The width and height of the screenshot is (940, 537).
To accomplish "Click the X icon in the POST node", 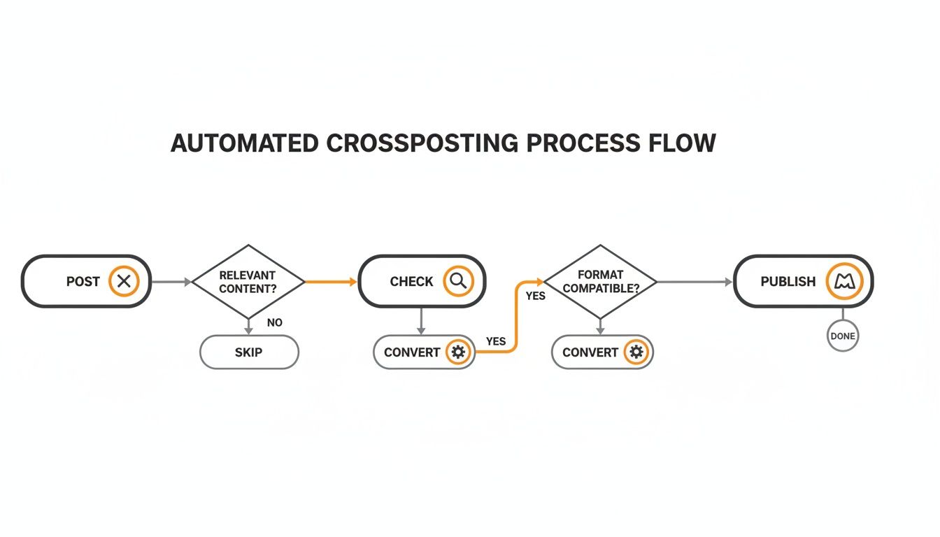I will point(124,282).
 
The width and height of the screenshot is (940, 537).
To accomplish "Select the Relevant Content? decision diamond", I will point(248,282).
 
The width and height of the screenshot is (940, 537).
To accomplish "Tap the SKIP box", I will point(249,352).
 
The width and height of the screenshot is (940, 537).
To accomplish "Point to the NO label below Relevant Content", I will point(275,323).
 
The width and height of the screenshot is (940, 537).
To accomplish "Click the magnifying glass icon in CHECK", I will point(458,281).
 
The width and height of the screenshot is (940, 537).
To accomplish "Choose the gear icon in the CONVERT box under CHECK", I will point(458,352).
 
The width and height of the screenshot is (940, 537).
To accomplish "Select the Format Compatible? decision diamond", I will point(600,282).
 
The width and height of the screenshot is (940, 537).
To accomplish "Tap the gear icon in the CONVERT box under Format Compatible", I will point(636,352).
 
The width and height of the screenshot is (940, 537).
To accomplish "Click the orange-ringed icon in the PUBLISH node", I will point(845,282).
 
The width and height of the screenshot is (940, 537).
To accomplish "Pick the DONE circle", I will point(842,336).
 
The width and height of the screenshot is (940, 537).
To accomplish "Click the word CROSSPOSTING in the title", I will point(422,143).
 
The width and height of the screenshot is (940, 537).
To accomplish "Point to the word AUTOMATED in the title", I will point(244,143).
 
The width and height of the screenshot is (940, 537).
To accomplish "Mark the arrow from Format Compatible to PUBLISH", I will point(695,282).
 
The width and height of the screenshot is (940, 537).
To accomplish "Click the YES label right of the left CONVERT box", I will point(495,341).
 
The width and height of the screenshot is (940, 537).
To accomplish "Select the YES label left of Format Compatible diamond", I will point(535,296).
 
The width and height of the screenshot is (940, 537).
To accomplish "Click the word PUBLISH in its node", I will point(788,282).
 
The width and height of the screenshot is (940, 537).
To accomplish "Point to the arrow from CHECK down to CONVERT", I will point(420,321).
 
